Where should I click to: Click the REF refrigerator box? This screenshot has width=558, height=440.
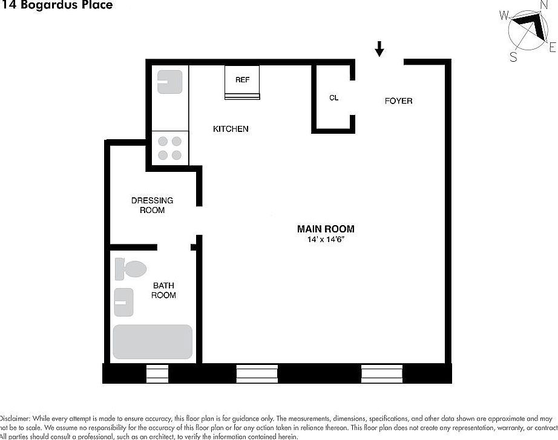pos(242,82)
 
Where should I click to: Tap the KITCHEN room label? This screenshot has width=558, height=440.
pos(231,129)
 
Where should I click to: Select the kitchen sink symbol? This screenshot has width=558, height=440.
pos(170,82)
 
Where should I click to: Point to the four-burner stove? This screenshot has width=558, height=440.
pos(170,148)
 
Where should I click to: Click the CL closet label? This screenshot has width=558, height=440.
pos(333,97)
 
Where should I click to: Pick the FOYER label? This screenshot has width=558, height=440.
pos(398,100)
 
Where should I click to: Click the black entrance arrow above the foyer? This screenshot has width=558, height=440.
pos(379,48)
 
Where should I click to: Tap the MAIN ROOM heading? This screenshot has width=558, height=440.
pos(326,229)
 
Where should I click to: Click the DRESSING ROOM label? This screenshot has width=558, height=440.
pos(152,205)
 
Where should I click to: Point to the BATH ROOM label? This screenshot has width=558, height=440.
pos(163,290)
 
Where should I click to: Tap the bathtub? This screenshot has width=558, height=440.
pos(153,342)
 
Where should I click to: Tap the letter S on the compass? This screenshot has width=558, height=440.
pos(513,57)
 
